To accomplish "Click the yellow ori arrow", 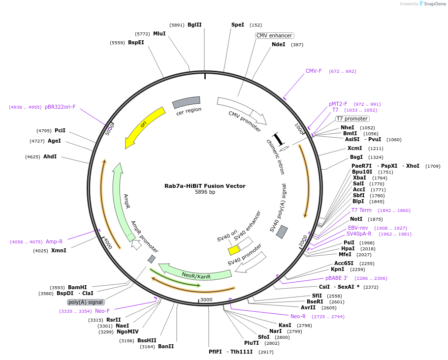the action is click(x=143, y=125).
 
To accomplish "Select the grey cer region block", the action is click(x=186, y=102).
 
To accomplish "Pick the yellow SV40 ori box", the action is click(x=234, y=250).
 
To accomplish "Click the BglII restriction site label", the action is click(x=194, y=25).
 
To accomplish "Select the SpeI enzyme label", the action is click(x=238, y=25).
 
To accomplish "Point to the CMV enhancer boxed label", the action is click(x=274, y=35).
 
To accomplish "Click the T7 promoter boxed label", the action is click(x=352, y=119).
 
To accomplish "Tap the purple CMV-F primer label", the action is click(x=314, y=71).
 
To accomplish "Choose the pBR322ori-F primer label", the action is click(x=60, y=107).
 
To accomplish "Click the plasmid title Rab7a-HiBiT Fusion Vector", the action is click(x=205, y=186).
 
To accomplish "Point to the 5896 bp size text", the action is click(x=205, y=192).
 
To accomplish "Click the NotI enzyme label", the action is click(x=356, y=219).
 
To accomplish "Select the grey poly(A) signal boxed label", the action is click(x=86, y=302).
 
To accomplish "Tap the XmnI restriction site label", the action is click(x=59, y=250).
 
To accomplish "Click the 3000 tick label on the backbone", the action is click(x=206, y=300).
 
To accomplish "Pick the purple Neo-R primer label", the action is click(x=298, y=316).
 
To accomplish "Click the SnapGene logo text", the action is click(x=435, y=4).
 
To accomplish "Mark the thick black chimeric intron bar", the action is click(x=279, y=139).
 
